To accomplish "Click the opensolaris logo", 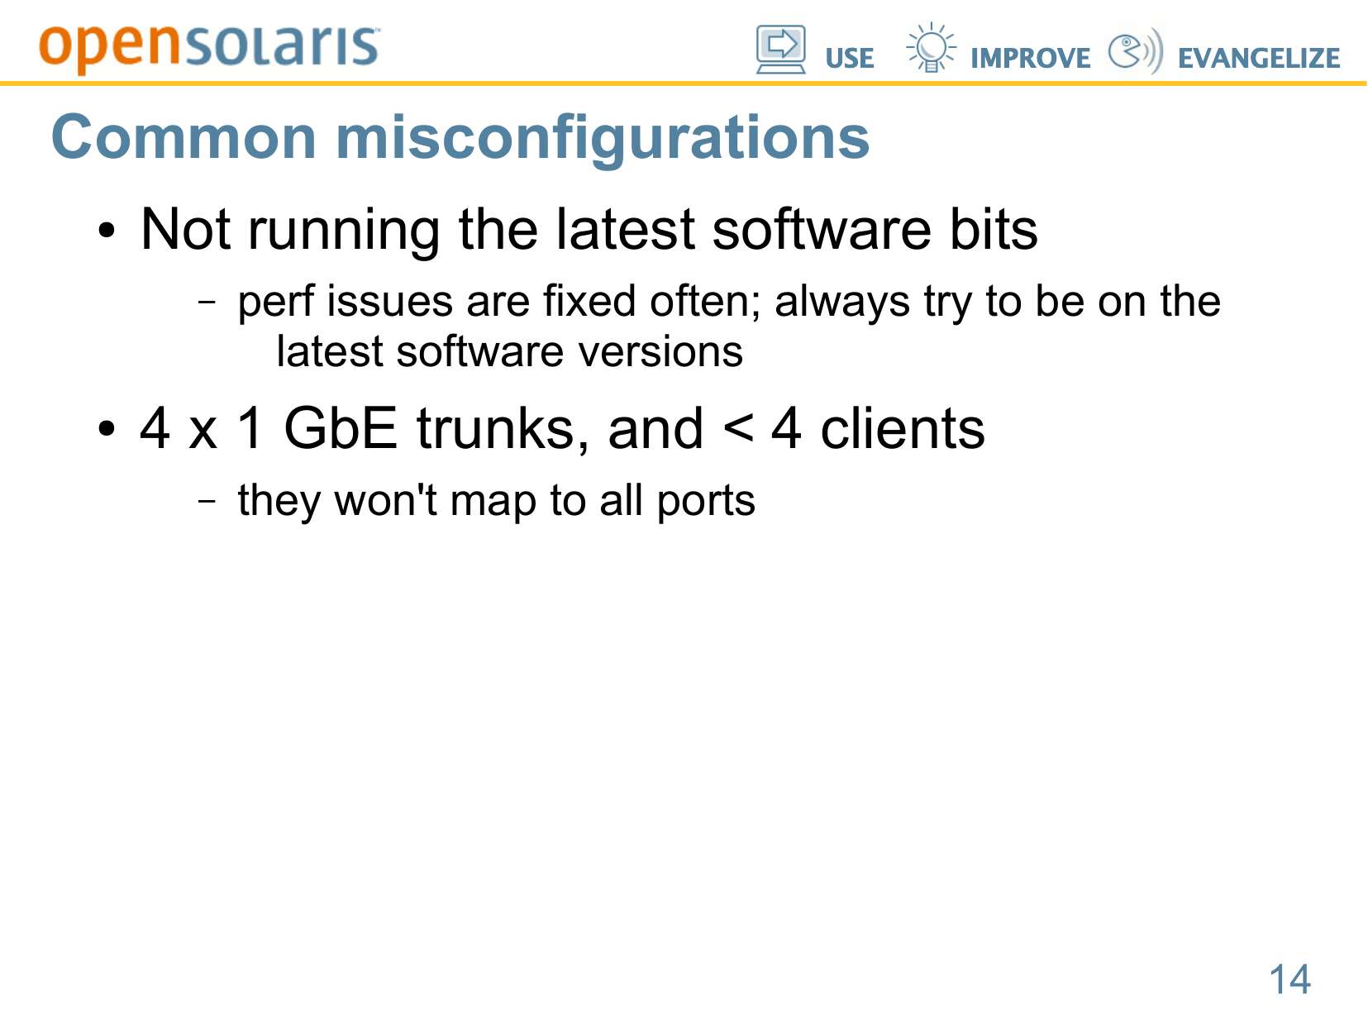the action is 209,48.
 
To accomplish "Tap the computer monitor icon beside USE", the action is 780,50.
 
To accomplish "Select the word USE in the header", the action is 849,58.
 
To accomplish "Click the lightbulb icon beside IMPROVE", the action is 931,47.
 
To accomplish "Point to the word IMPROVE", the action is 1030,58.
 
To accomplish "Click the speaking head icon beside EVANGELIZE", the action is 1135,50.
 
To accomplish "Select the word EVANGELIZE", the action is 1258,58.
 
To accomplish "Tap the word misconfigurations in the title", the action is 602,141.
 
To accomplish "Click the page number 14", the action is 1289,979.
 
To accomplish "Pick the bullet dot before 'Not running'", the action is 107,231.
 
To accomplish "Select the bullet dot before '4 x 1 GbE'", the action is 107,429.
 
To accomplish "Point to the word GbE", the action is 341,428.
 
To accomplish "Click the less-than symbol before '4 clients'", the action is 737,429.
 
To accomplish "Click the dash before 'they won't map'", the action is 207,500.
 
